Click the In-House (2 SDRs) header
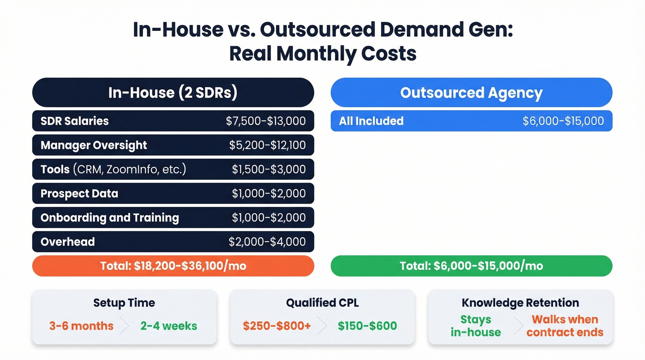[x=173, y=93]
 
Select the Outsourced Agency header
[x=471, y=93]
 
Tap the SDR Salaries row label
[x=75, y=121]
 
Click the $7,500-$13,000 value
[x=266, y=121]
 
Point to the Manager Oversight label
[x=94, y=145]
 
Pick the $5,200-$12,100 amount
[x=267, y=145]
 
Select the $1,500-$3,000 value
[x=269, y=169]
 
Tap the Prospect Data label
[x=79, y=194]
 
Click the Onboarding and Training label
[x=110, y=218]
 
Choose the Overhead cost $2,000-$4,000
[x=267, y=242]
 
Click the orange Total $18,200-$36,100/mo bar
[x=173, y=266]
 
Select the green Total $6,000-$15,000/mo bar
[x=471, y=266]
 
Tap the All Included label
[x=371, y=121]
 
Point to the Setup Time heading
[x=124, y=303]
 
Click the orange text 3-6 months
[x=81, y=326]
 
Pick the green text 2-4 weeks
[x=169, y=326]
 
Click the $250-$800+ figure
[x=277, y=326]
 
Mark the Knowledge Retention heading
[x=520, y=303]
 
